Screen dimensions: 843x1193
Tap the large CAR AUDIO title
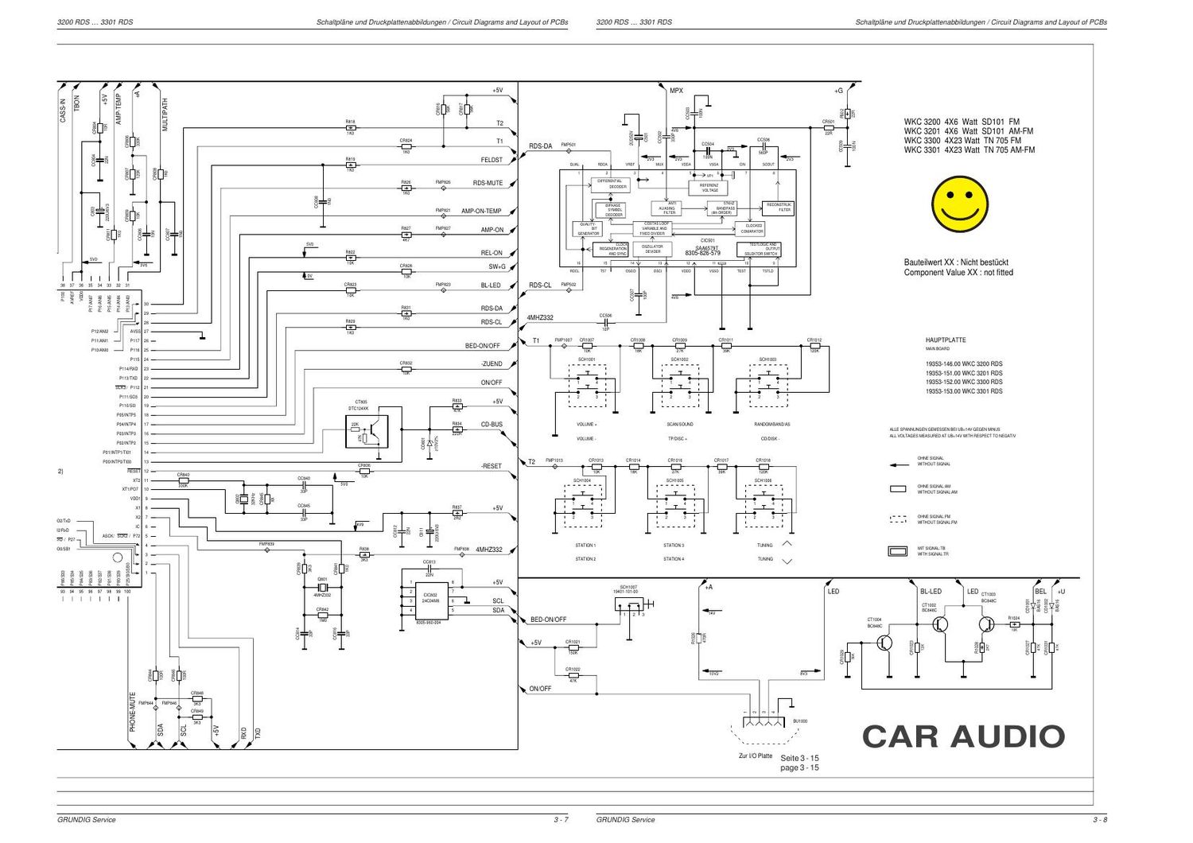pos(963,736)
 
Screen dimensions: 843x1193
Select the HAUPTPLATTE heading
pos(946,340)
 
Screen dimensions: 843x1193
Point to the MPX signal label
pos(676,91)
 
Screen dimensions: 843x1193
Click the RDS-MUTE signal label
pos(488,184)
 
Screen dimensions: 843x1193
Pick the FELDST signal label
pos(492,161)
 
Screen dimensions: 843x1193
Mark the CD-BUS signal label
pos(492,425)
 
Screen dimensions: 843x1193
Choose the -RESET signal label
pos(491,466)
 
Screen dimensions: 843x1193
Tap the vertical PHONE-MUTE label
pos(133,712)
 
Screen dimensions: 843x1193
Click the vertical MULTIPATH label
pos(165,115)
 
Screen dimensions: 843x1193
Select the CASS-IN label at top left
pos(64,110)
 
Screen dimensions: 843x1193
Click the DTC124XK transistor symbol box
pos(367,431)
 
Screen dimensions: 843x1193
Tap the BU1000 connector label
pos(799,721)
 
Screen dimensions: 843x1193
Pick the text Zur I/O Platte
pos(755,756)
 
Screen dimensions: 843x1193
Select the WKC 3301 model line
pos(969,150)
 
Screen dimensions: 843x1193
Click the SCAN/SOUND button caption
pos(680,425)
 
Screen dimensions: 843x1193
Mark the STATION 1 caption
pos(585,546)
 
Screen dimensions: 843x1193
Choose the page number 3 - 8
pos(1099,820)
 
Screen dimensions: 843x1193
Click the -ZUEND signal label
pos(491,364)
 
